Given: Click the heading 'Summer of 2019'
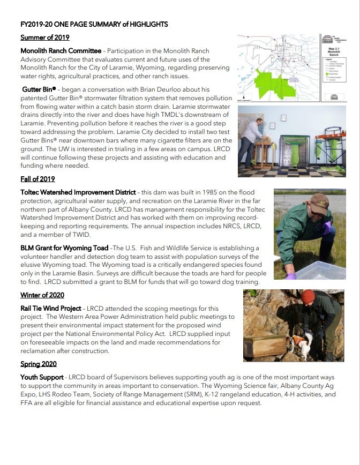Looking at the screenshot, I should (45, 37).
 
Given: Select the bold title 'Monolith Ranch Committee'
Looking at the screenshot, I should (61, 51).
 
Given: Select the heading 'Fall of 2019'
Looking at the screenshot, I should (37, 179).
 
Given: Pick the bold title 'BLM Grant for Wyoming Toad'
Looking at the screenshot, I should (64, 248).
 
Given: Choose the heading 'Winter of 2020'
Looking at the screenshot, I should (42, 295).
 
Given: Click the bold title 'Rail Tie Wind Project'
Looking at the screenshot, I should (51, 309).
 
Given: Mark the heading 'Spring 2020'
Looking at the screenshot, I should (39, 364).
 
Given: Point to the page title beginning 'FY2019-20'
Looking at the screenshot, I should (94, 25).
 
